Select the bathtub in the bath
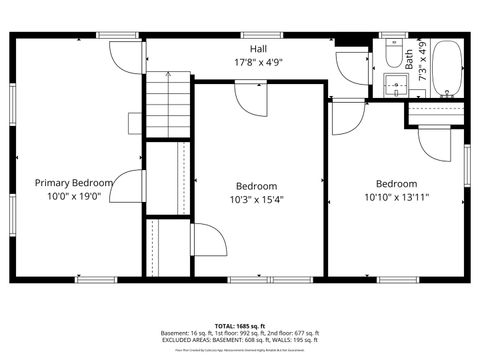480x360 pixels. [x=447, y=67]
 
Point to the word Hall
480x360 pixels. [x=258, y=48]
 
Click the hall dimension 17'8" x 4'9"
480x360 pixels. [x=258, y=61]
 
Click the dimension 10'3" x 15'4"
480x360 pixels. [x=257, y=199]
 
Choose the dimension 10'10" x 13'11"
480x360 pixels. [x=396, y=197]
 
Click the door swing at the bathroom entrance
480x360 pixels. [x=352, y=66]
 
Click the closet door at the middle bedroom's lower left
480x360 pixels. [x=204, y=240]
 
